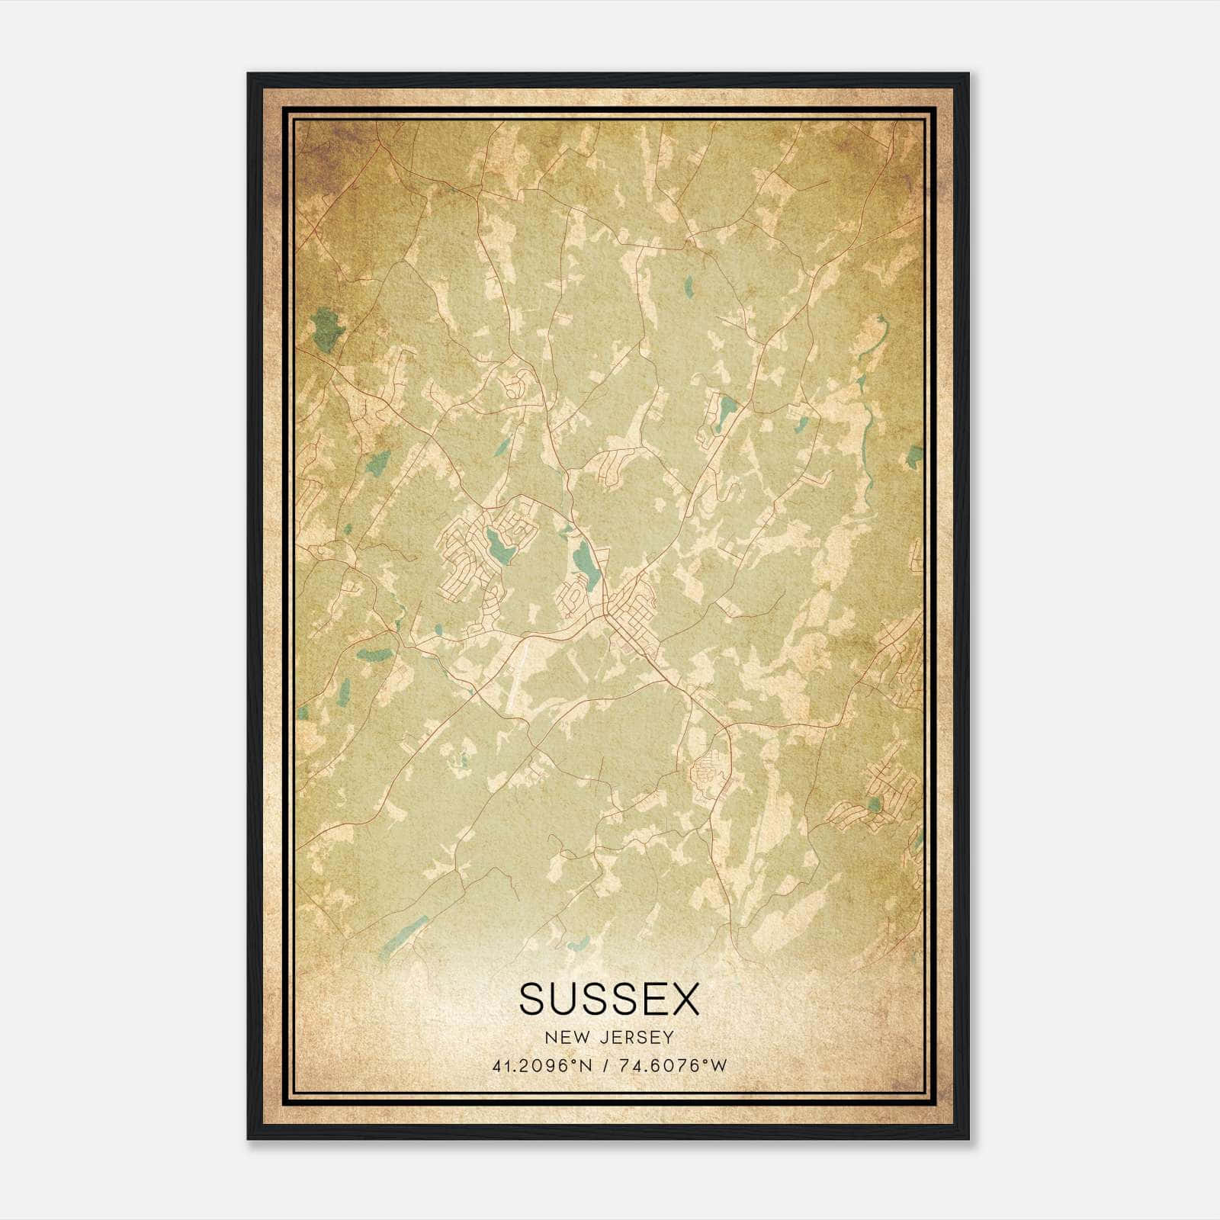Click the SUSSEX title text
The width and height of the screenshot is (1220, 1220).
[609, 999]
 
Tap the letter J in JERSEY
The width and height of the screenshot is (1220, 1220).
[602, 1038]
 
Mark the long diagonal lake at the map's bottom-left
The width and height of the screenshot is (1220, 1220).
[404, 936]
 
